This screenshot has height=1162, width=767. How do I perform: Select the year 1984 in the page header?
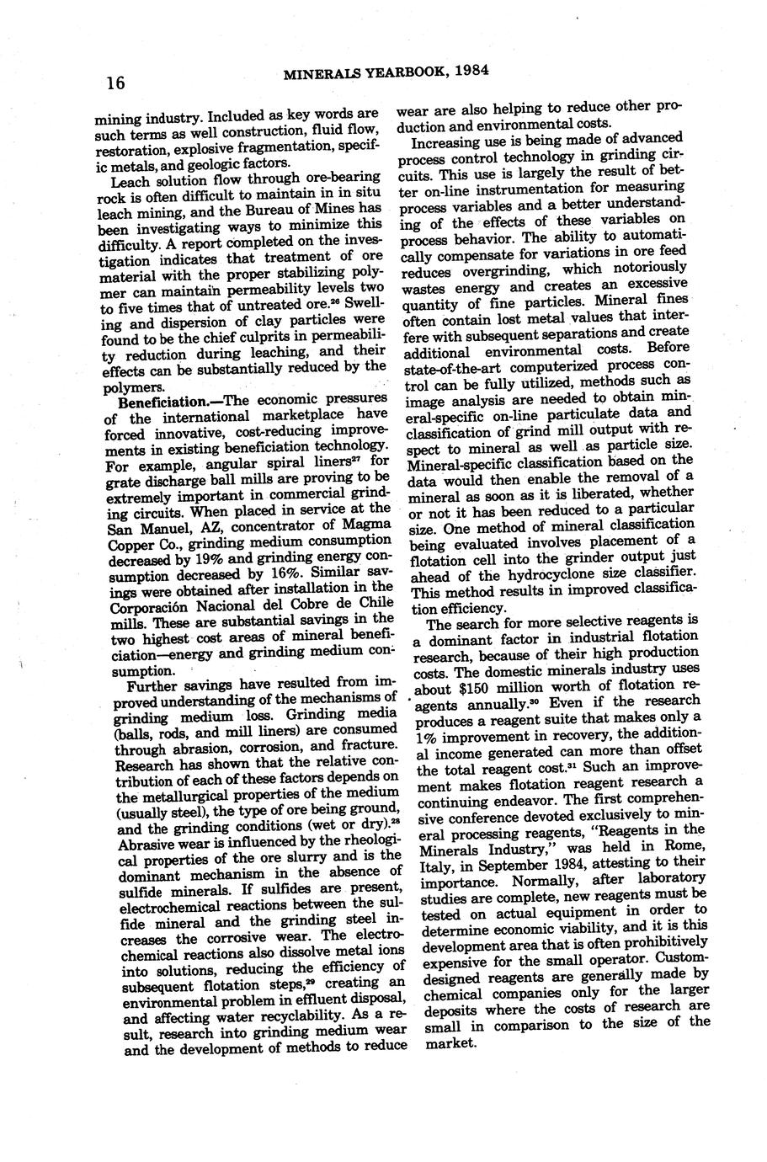point(471,72)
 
